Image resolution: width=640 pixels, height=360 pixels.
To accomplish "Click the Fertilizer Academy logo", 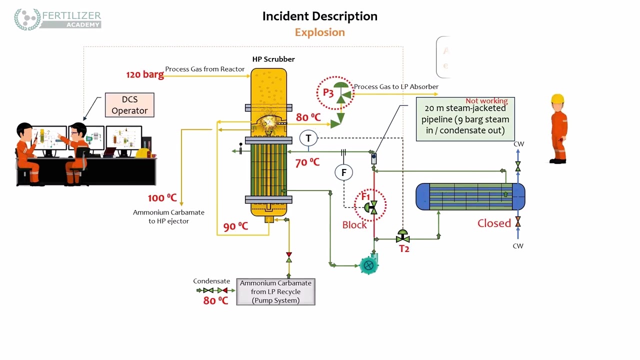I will [x=57, y=19].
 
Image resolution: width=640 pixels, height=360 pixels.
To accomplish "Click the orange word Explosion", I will [x=319, y=32].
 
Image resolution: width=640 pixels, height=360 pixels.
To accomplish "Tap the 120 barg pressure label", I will [x=144, y=74].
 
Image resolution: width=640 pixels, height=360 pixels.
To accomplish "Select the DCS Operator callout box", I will [x=129, y=105].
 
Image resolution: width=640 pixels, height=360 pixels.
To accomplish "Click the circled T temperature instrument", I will [x=308, y=138].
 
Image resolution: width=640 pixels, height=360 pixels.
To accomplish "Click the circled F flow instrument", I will [x=343, y=172].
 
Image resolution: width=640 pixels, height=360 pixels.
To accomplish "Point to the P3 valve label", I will [x=328, y=92].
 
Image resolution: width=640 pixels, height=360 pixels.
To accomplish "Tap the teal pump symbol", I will [x=368, y=265].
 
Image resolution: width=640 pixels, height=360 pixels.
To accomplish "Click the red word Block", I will [x=354, y=225].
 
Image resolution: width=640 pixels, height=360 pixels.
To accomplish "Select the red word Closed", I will [x=494, y=223].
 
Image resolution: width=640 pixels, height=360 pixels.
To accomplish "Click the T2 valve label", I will [x=404, y=248].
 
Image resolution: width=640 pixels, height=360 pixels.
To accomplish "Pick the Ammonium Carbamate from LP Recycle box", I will [x=275, y=292].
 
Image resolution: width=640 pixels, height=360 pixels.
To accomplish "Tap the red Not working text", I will [x=486, y=101].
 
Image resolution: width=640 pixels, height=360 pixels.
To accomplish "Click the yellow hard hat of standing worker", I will [x=557, y=98].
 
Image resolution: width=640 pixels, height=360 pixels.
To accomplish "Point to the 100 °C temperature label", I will [x=162, y=198].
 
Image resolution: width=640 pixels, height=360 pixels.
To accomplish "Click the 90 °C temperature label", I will [x=235, y=226].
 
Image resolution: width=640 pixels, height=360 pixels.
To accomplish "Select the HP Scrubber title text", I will [x=273, y=59].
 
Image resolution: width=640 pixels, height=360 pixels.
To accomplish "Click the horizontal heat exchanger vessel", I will [x=470, y=196].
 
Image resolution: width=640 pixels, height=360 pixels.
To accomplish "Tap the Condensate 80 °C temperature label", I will [x=215, y=300].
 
